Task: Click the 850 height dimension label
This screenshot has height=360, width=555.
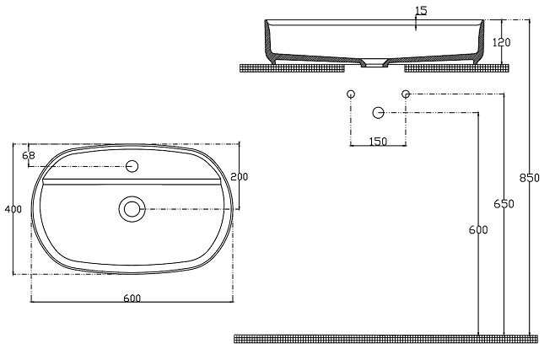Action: click(529, 178)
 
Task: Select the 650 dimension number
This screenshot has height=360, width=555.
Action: click(504, 204)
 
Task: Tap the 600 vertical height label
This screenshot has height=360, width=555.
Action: click(478, 230)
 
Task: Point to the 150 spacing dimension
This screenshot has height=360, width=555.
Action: click(378, 142)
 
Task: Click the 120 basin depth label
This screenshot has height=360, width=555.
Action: click(502, 42)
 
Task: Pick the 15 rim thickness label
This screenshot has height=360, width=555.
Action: click(421, 11)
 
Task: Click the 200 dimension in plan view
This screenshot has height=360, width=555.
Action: click(240, 176)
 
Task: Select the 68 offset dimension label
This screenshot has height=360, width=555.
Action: click(29, 155)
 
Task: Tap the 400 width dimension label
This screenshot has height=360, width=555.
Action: click(13, 209)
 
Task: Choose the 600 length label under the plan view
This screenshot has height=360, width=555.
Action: click(132, 298)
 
